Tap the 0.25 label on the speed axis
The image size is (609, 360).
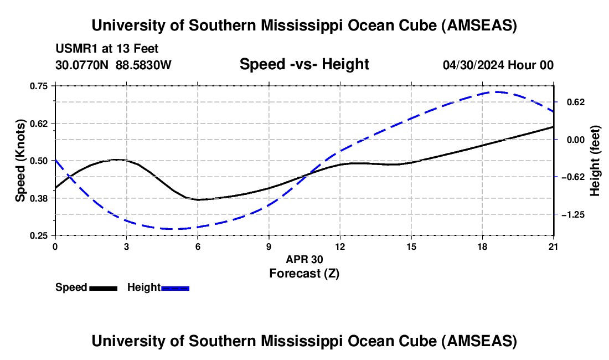[x=40, y=235]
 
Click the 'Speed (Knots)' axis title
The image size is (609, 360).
[x=20, y=161]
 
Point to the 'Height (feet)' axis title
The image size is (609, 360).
[x=595, y=161]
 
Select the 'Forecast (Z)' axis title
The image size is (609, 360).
[x=304, y=273]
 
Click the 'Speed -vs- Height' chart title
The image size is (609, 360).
[x=304, y=64]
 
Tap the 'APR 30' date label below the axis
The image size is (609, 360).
[x=304, y=259]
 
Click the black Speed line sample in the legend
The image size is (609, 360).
[x=103, y=287]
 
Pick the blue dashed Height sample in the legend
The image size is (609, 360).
[x=176, y=287]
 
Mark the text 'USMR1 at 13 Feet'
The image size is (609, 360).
[x=107, y=49]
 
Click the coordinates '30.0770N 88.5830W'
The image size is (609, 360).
[x=113, y=65]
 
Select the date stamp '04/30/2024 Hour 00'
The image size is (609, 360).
[x=498, y=65]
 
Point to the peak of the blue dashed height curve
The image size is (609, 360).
[x=497, y=92]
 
